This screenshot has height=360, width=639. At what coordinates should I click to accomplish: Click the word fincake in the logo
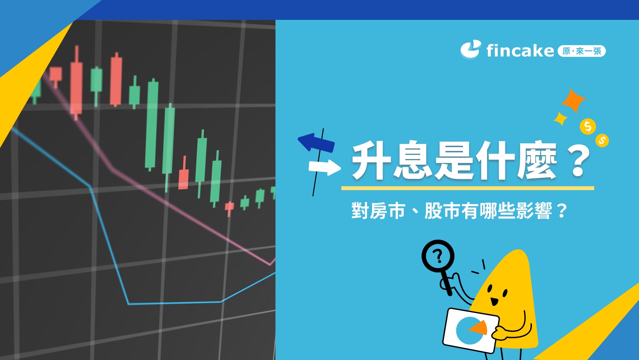[x=520, y=51]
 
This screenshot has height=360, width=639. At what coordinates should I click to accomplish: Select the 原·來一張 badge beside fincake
[x=582, y=51]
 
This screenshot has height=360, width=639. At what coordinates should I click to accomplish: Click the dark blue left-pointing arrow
[x=316, y=142]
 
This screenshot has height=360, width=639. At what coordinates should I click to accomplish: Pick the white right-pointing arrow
[x=325, y=167]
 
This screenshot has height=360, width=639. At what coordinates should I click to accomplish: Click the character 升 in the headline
[x=371, y=161]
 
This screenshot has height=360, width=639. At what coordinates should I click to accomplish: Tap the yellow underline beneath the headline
[x=468, y=188]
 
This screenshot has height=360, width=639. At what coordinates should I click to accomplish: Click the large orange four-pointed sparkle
[x=573, y=100]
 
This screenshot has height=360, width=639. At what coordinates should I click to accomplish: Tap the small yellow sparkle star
[x=560, y=119]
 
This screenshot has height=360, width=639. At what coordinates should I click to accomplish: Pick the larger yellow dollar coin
[x=588, y=126]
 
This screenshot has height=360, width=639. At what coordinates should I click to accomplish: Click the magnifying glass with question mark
[x=438, y=256]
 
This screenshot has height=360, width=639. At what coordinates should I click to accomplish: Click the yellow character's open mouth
[x=494, y=301]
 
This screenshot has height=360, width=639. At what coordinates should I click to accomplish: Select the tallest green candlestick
[x=152, y=125]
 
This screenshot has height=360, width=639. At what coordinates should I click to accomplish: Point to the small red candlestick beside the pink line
[x=183, y=178]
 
